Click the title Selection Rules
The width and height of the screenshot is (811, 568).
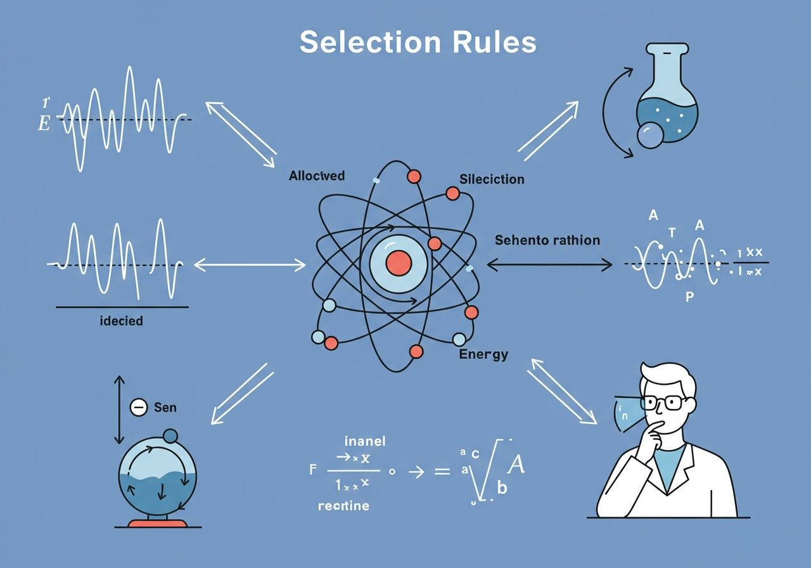click(418, 42)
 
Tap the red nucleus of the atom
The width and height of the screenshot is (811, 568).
click(399, 262)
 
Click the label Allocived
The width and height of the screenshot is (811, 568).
click(317, 176)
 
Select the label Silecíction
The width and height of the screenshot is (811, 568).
click(492, 179)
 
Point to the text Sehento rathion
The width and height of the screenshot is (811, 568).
click(547, 240)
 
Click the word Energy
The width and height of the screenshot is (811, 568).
click(483, 354)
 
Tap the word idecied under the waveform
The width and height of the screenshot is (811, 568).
click(122, 321)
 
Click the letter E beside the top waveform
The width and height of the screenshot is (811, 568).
click(44, 123)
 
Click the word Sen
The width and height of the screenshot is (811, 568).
click(165, 408)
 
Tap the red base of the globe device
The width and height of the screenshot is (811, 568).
click(158, 524)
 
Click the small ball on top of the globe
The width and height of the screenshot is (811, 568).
click(170, 436)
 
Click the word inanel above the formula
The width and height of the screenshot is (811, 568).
click(364, 441)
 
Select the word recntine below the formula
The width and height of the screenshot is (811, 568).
click(343, 506)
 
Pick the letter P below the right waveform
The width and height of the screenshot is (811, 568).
click(690, 297)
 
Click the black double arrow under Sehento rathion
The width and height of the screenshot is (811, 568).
click(549, 265)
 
